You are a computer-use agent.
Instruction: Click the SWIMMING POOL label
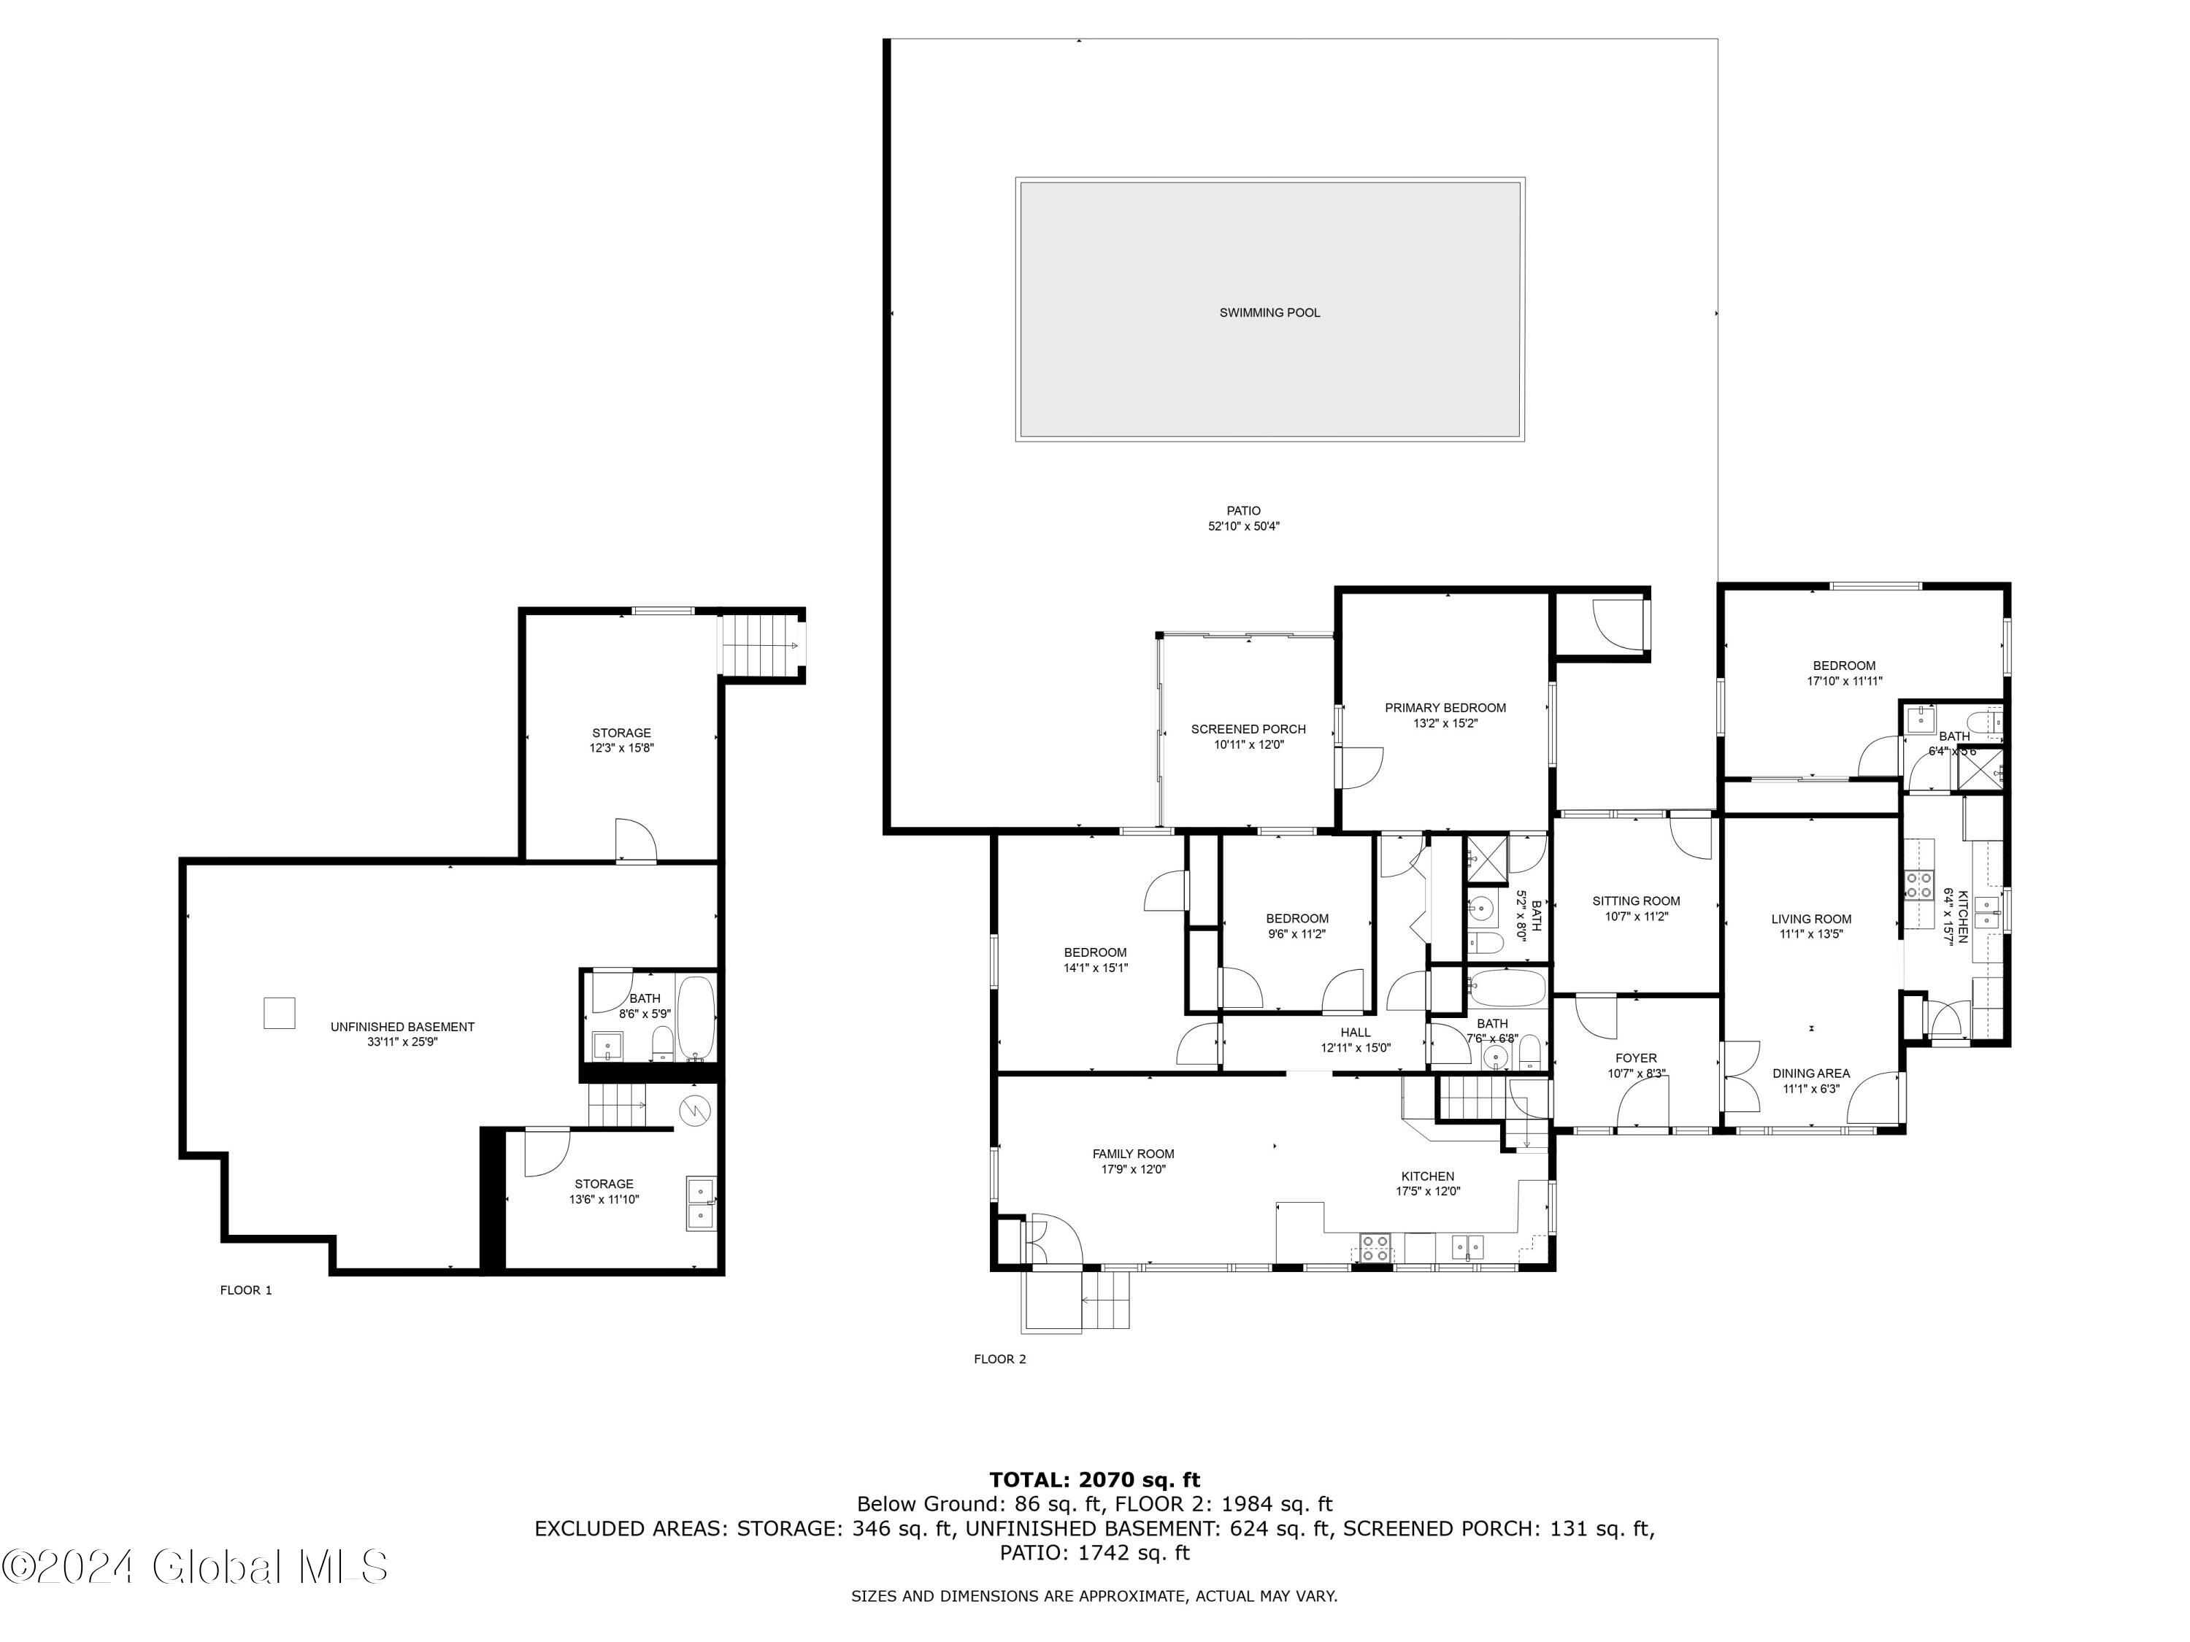1269,313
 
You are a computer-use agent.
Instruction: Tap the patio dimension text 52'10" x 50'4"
1243,527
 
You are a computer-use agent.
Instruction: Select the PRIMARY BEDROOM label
1445,708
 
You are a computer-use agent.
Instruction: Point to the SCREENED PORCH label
1248,730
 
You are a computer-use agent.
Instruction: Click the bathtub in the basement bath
696,1017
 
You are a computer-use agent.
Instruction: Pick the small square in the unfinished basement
279,1014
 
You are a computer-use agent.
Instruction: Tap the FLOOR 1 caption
245,1290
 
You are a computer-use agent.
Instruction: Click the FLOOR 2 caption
1000,1359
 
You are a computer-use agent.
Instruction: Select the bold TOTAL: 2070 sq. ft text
1094,1481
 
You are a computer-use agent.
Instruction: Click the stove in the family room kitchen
1374,1247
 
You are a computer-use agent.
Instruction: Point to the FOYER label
1636,1058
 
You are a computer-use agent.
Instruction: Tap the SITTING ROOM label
1636,901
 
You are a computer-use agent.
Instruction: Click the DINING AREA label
1811,1073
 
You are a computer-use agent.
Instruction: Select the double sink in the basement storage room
701,1203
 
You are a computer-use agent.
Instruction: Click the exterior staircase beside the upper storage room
761,644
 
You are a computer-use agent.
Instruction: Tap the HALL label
1356,1033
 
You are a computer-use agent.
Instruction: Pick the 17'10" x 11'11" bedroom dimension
1843,681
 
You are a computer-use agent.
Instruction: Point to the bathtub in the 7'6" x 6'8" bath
1506,988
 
